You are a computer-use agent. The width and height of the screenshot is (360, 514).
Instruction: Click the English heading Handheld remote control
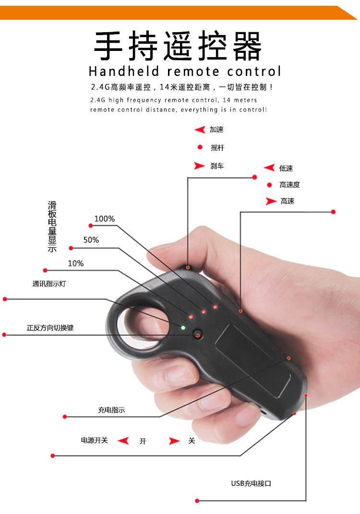pyautogui.click(x=185, y=72)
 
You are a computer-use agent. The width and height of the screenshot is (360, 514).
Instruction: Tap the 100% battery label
pyautogui.click(x=104, y=219)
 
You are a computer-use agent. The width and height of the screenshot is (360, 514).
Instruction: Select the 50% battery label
pyautogui.click(x=91, y=240)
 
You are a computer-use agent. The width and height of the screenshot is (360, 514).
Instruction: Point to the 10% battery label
pyautogui.click(x=76, y=263)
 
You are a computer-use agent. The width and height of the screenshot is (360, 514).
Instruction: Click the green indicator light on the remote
pyautogui.click(x=183, y=328)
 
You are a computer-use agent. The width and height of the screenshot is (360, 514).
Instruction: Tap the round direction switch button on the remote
pyautogui.click(x=197, y=334)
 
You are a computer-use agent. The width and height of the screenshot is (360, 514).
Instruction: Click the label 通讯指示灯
pyautogui.click(x=49, y=284)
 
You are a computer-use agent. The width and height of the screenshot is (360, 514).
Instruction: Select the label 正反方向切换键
pyautogui.click(x=50, y=328)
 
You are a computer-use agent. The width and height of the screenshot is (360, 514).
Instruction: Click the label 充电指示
pyautogui.click(x=111, y=410)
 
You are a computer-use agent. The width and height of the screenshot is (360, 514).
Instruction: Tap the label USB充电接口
pyautogui.click(x=251, y=483)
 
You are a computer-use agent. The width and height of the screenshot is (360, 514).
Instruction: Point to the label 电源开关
pyautogui.click(x=95, y=440)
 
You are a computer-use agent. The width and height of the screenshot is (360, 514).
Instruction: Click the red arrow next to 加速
pyautogui.click(x=200, y=130)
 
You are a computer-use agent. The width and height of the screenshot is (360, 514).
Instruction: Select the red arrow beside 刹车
pyautogui.click(x=200, y=166)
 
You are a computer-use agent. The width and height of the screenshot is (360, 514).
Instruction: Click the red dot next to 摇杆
pyautogui.click(x=200, y=147)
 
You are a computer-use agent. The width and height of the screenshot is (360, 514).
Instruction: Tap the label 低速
pyautogui.click(x=286, y=169)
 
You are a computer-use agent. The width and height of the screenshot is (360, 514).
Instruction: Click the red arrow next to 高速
pyautogui.click(x=271, y=201)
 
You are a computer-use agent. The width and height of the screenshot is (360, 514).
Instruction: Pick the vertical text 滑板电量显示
pyautogui.click(x=52, y=226)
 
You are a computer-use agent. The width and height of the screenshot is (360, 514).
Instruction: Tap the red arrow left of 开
pyautogui.click(x=124, y=441)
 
